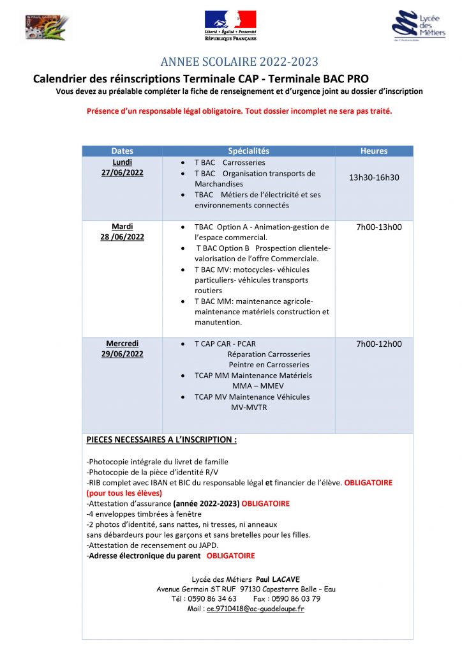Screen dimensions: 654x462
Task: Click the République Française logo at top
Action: [x=230, y=26]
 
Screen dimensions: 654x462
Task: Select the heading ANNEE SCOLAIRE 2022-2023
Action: [x=239, y=62]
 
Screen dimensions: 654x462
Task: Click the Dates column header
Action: [x=122, y=151]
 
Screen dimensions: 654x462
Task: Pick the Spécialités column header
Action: [x=248, y=151]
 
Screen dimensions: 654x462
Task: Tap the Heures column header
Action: [x=374, y=151]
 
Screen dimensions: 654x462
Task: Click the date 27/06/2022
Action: [x=122, y=173]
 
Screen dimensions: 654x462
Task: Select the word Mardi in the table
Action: [x=122, y=227]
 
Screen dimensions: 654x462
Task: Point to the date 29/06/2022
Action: [x=122, y=354]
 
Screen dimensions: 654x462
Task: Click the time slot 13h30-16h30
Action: [x=374, y=177]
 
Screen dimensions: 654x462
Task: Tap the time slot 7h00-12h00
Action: [x=378, y=344]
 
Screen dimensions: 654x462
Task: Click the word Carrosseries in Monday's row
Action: [x=244, y=163]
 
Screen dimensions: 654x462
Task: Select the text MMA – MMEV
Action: [x=253, y=386]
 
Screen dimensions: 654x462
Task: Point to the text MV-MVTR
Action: [x=249, y=407]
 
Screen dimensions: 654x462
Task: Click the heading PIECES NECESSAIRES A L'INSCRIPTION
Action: [x=161, y=440]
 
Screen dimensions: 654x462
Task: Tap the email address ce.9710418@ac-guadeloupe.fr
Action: [x=255, y=609]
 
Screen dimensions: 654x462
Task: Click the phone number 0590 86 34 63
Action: [x=213, y=598]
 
